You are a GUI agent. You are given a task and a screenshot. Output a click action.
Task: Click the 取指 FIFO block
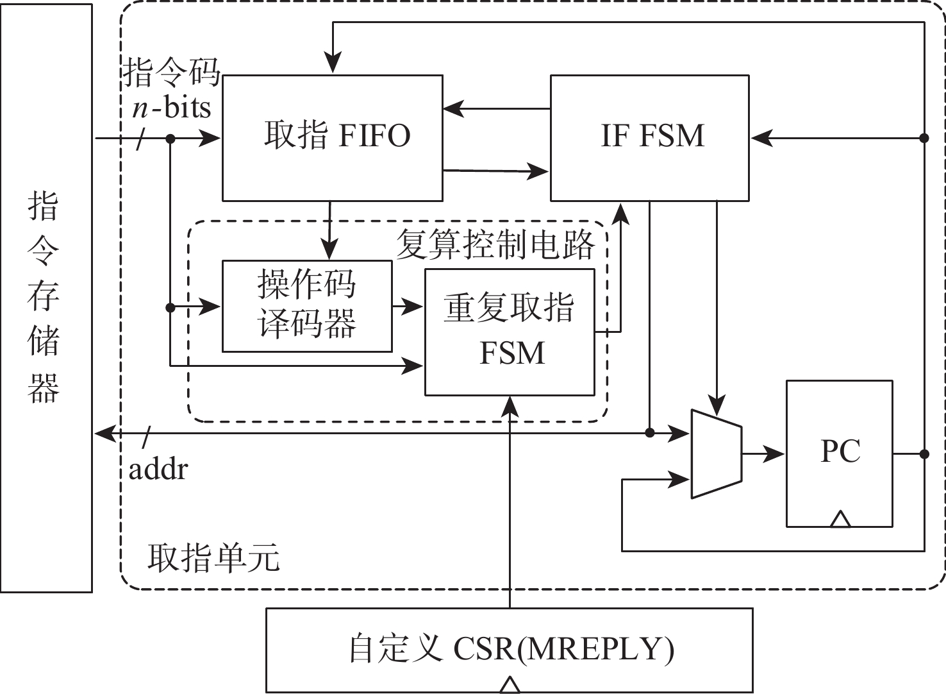click(x=332, y=137)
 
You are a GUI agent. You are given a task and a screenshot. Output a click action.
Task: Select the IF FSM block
click(x=649, y=137)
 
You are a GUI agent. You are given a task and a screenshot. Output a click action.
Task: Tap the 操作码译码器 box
click(x=307, y=306)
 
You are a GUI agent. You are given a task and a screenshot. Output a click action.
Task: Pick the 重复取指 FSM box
click(x=510, y=332)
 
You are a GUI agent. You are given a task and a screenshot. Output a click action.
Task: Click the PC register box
click(x=839, y=453)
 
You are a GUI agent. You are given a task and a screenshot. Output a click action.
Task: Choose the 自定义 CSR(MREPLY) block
click(x=509, y=649)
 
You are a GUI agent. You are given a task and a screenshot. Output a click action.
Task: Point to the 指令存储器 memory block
click(x=46, y=298)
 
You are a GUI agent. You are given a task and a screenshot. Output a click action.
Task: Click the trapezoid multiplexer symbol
click(x=716, y=453)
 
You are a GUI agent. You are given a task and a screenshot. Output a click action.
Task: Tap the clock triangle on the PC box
click(x=840, y=519)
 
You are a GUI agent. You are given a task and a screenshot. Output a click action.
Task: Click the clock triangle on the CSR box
click(x=509, y=685)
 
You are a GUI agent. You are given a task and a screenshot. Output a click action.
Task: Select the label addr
click(x=158, y=470)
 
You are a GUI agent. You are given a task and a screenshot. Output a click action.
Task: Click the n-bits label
click(x=171, y=106)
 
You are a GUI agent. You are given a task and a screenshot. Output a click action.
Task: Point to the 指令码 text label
click(x=171, y=72)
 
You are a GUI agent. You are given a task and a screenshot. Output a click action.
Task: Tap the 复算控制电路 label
click(x=495, y=244)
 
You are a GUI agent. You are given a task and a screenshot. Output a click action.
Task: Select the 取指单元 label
click(x=213, y=557)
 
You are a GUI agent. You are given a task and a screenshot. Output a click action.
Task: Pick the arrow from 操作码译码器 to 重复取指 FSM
click(x=408, y=307)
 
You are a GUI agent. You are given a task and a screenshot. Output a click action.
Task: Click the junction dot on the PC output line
click(x=924, y=454)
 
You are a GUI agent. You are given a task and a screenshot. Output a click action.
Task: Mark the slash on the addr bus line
click(x=147, y=436)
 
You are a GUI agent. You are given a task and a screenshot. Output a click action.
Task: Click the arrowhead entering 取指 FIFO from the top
click(x=333, y=65)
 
